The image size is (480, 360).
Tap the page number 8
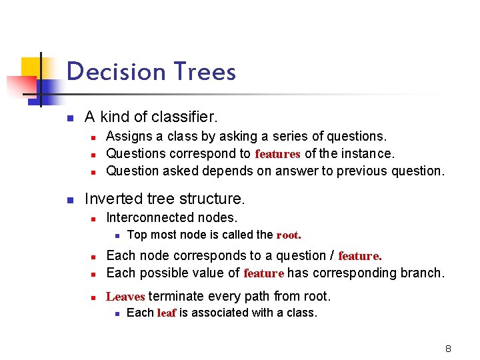tap(448, 349)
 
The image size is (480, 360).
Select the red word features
tap(277, 154)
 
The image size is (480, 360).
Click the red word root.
tap(289, 235)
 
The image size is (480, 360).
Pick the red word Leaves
tap(125, 297)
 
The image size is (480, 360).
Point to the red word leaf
tap(167, 313)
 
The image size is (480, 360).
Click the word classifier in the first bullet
tap(184, 117)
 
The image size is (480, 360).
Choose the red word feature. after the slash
tap(360, 256)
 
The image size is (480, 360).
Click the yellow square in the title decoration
tap(31, 67)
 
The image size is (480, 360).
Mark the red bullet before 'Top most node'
tap(116, 235)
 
